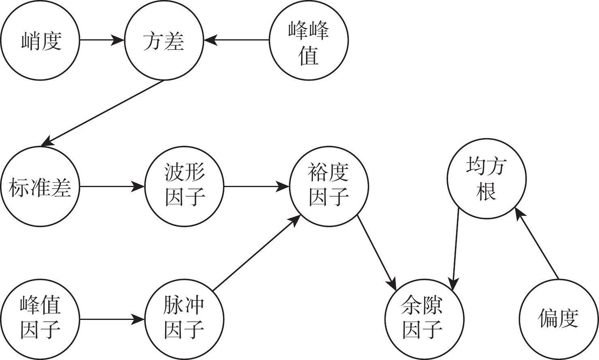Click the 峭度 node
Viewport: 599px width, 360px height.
tap(40, 40)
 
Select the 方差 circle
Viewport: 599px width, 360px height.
tap(164, 40)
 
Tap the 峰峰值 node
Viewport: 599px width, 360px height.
tap(308, 40)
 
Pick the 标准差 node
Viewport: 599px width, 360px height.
tap(40, 187)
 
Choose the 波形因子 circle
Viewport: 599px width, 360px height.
tap(185, 187)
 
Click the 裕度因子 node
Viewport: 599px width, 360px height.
tap(329, 187)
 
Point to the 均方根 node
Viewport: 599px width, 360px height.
tap(486, 179)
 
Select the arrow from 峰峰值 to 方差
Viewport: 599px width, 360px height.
tap(236, 40)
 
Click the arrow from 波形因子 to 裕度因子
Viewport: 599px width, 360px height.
tap(256, 187)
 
